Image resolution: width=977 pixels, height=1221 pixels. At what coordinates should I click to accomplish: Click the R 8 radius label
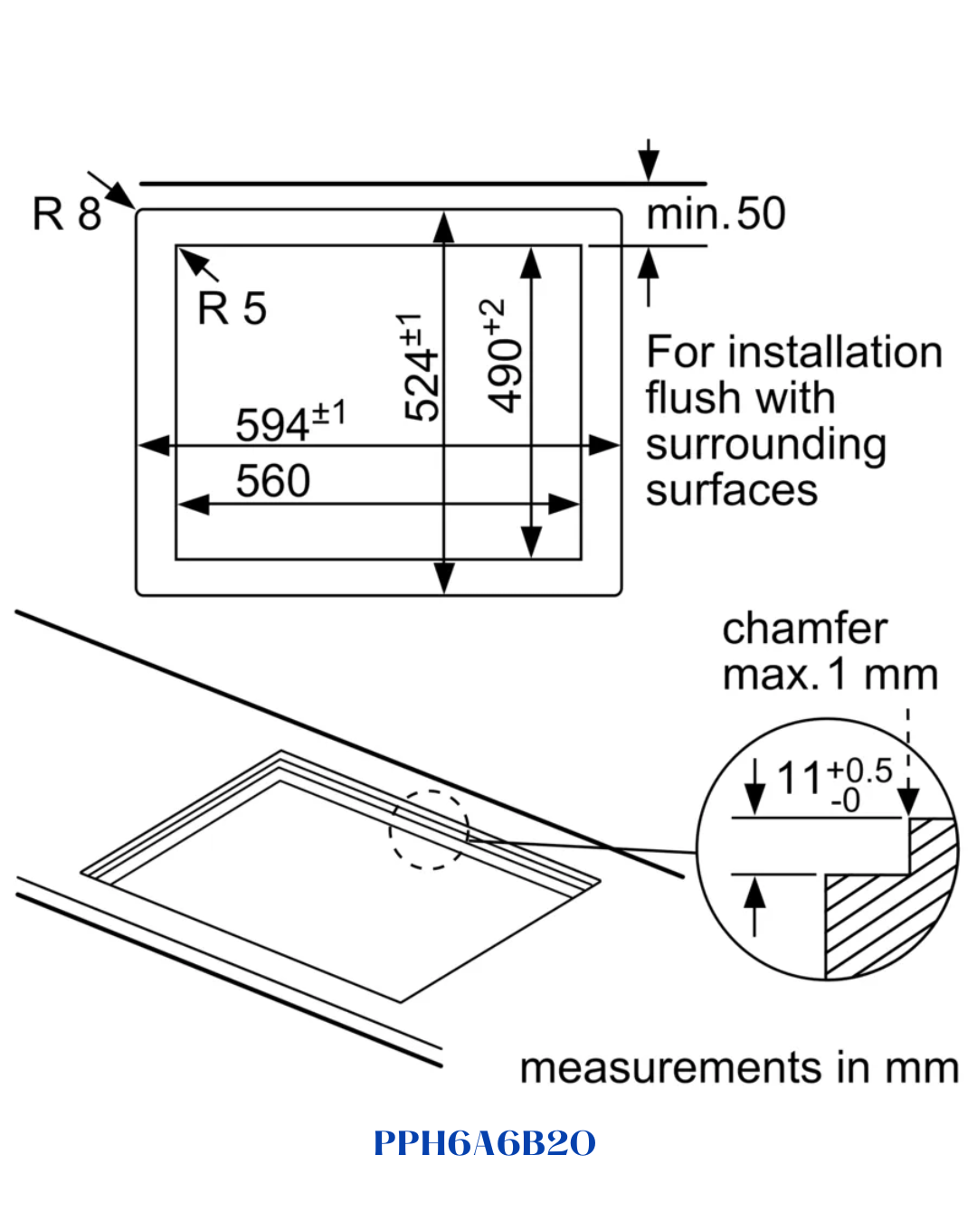click(x=67, y=213)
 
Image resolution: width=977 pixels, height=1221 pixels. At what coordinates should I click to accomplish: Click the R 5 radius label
click(x=232, y=308)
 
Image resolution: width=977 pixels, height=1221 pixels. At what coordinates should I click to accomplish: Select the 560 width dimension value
click(x=272, y=480)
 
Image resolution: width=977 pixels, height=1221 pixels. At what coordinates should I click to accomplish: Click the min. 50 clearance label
click(x=716, y=213)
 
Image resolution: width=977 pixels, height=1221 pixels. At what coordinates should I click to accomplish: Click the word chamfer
click(x=804, y=629)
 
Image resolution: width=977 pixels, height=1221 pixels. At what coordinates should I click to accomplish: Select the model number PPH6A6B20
click(x=485, y=1142)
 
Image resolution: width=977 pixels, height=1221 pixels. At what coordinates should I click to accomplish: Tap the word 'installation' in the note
click(x=835, y=353)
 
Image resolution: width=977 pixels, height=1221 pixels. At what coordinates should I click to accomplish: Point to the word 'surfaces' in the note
click(x=732, y=490)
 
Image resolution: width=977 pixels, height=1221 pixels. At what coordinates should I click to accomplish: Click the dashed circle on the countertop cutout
click(x=429, y=790)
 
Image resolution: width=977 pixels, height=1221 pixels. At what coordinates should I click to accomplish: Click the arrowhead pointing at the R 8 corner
click(x=121, y=195)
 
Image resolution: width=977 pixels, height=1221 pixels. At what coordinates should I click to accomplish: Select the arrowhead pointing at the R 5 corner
click(x=192, y=261)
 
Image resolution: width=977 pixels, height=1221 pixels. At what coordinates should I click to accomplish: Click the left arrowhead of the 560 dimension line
click(x=194, y=504)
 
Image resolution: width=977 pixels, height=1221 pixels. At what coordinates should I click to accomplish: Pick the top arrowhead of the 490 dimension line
click(x=531, y=263)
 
